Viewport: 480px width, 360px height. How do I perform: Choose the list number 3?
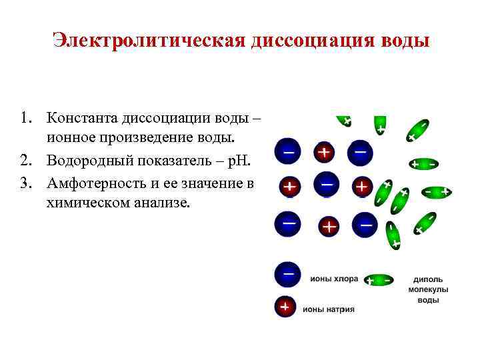click(25, 181)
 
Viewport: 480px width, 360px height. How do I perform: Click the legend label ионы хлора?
click(334, 279)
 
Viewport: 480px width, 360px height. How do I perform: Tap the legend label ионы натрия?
click(329, 309)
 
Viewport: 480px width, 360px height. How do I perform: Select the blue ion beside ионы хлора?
click(287, 275)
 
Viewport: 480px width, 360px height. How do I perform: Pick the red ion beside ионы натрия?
click(285, 307)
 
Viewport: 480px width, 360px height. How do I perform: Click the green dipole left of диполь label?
click(379, 279)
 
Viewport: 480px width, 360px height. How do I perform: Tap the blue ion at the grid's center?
click(327, 185)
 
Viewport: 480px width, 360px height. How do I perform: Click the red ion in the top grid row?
click(325, 153)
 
